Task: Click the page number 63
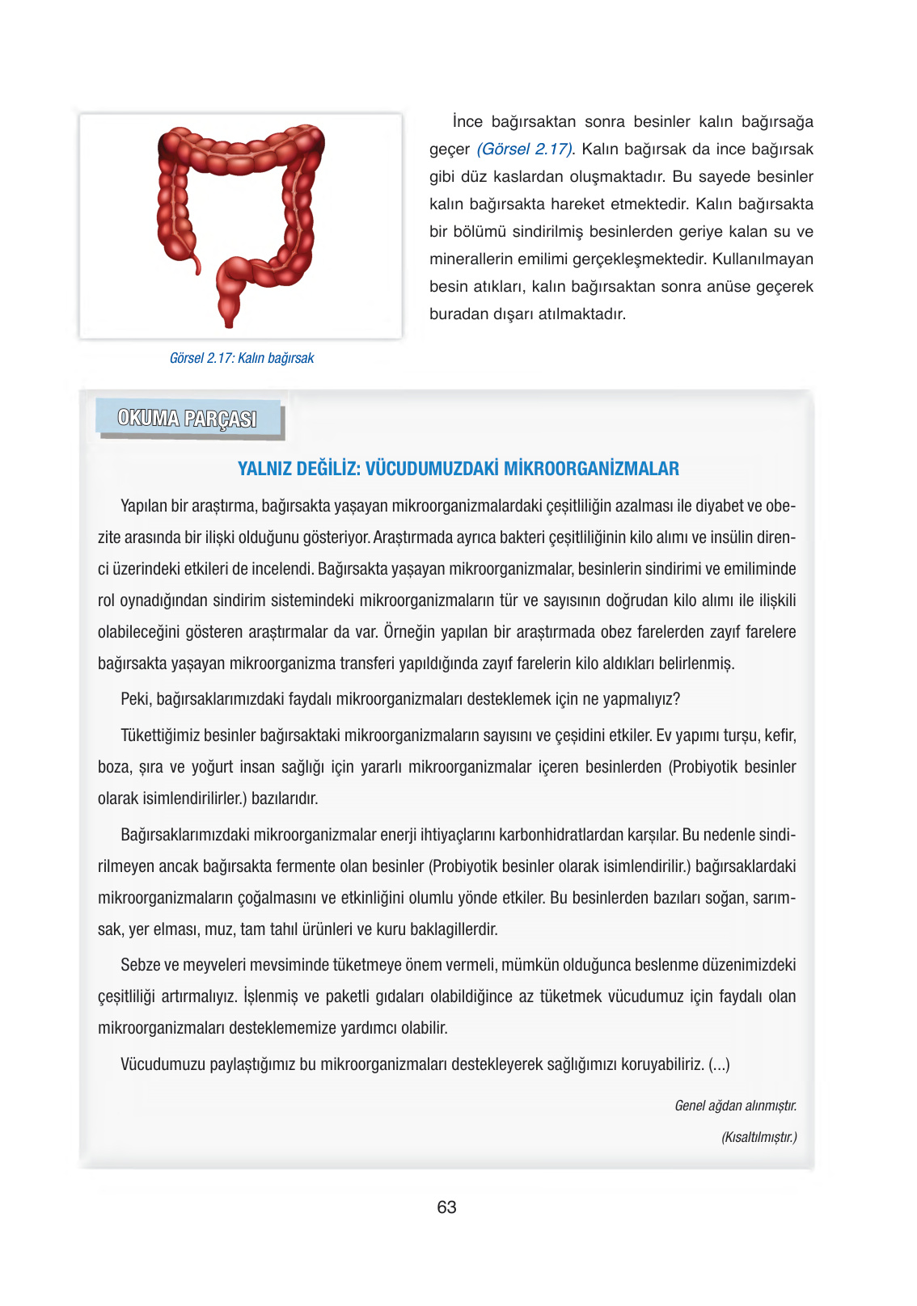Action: pyautogui.click(x=446, y=1207)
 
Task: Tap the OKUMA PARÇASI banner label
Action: pyautogui.click(x=188, y=419)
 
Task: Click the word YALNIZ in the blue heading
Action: pyautogui.click(x=264, y=469)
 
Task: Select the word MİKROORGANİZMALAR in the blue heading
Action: pyautogui.click(x=591, y=469)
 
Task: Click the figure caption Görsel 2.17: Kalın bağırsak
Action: pyautogui.click(x=241, y=358)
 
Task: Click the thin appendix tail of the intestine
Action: pyautogui.click(x=195, y=262)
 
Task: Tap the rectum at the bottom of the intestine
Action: pyautogui.click(x=229, y=311)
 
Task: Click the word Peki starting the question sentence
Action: pyautogui.click(x=135, y=699)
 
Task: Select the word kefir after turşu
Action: pyautogui.click(x=780, y=735)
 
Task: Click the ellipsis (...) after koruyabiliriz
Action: pyautogui.click(x=719, y=1064)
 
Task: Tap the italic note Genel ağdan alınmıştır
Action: pyautogui.click(x=735, y=1106)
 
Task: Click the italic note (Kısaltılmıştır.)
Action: pyautogui.click(x=759, y=1137)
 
